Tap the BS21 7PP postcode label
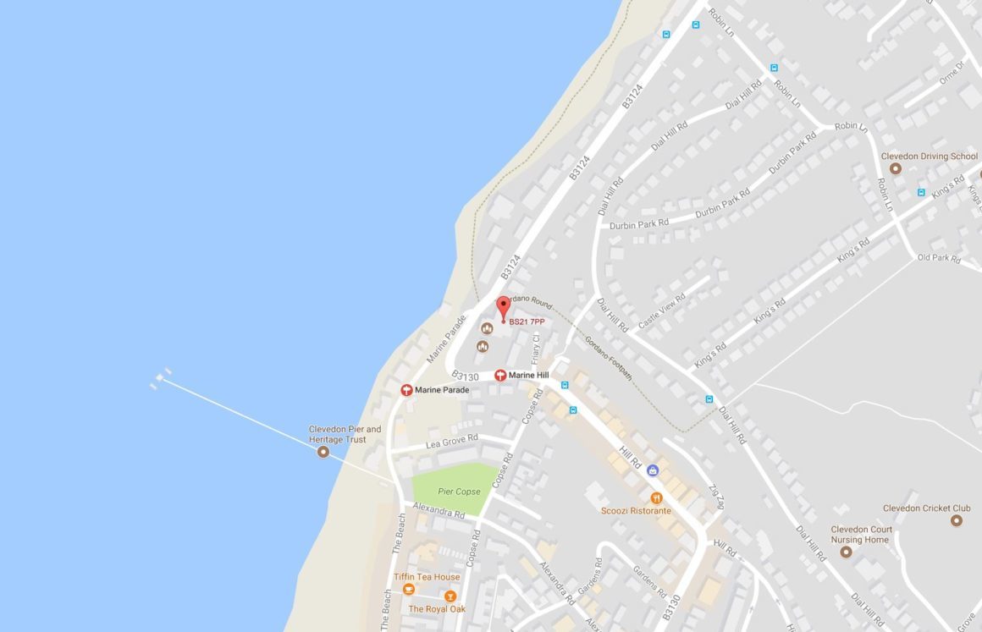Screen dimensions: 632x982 click(527, 322)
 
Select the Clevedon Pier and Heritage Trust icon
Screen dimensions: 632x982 click(323, 453)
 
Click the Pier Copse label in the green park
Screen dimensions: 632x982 click(458, 492)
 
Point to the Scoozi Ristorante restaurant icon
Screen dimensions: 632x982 click(655, 497)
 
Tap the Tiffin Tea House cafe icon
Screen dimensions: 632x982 click(409, 589)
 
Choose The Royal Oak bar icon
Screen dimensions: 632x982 click(450, 596)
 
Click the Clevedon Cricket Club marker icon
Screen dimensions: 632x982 click(957, 520)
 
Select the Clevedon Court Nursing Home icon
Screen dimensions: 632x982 click(845, 552)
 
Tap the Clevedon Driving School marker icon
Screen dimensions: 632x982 click(895, 168)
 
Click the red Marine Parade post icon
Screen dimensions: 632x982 click(407, 390)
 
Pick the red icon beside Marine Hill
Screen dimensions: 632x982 click(500, 375)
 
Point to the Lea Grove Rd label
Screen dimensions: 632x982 click(451, 441)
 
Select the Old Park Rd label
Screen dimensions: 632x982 click(939, 258)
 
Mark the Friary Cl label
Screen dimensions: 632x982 click(535, 346)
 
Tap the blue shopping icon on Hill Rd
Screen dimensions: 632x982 click(653, 470)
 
